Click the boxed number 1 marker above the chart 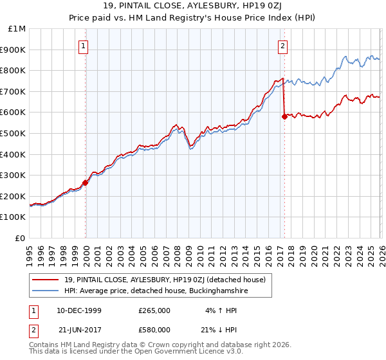pos(84,46)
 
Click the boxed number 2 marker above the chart pos(283,46)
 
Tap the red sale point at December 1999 pos(86,183)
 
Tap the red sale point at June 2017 pos(284,116)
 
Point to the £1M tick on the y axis pos(17,29)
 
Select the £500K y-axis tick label pos(14,134)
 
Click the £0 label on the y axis pos(20,238)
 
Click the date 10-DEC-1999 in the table pos(75,310)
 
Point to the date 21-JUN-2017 pos(75,329)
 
